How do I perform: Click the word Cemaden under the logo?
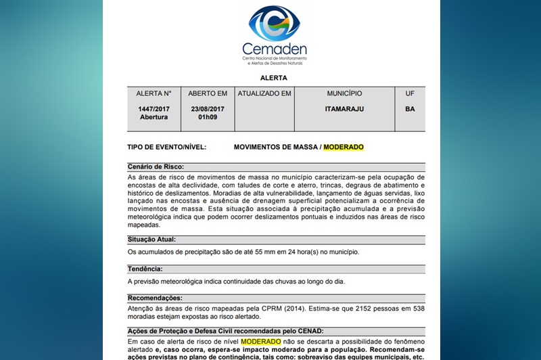(274, 49)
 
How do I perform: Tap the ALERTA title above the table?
(274, 78)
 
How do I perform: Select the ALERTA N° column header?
(154, 93)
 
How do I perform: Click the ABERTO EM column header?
(208, 93)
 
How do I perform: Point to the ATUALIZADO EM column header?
(264, 93)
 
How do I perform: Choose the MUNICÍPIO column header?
(344, 93)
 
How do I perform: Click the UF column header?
(410, 93)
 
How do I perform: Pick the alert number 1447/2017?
(154, 108)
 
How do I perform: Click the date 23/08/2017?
(208, 108)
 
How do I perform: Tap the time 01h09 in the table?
(208, 116)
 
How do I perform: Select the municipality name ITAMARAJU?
(344, 108)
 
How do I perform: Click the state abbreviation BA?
(410, 108)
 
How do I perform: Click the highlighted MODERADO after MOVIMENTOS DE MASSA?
(344, 147)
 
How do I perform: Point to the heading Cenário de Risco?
(156, 166)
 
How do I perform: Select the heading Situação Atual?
(151, 239)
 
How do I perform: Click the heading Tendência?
(145, 269)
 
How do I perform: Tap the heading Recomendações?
(156, 298)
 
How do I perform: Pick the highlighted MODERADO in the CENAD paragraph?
(260, 342)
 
